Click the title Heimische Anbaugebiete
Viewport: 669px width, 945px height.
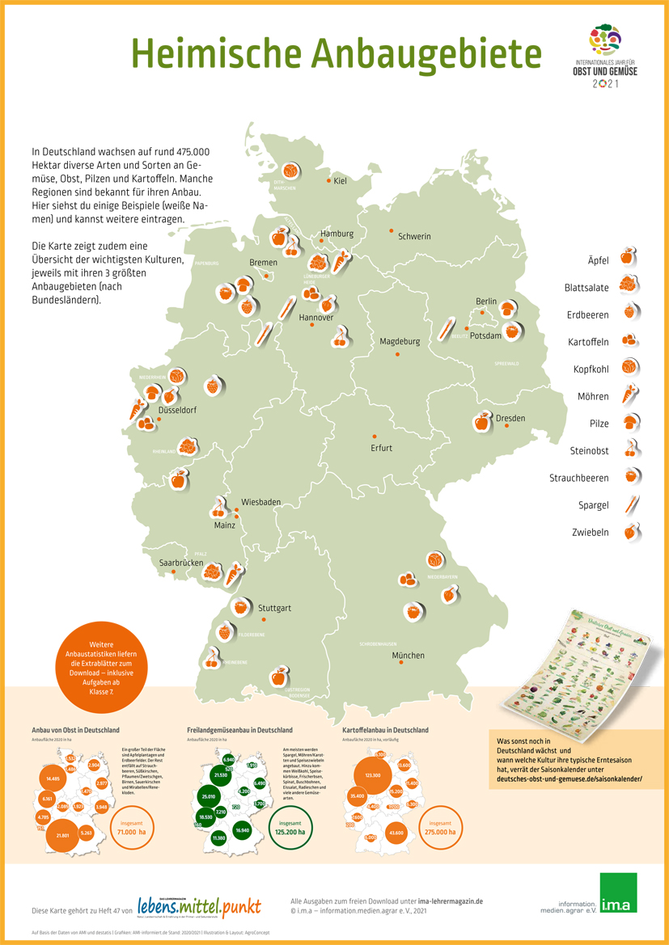[336, 53]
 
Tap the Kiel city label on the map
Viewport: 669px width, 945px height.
[340, 181]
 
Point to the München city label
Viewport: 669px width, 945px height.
[408, 656]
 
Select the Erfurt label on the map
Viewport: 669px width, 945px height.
[381, 448]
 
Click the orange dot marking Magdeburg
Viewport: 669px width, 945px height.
[397, 354]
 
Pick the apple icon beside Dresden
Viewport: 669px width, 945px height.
[482, 422]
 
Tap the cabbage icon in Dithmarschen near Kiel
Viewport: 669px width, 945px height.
[290, 171]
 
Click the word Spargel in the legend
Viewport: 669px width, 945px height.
[594, 505]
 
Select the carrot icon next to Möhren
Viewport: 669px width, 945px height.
[630, 394]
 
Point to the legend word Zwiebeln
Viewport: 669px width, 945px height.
[591, 533]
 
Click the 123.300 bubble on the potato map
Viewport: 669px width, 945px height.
[372, 774]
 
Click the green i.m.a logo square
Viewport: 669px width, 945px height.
[618, 893]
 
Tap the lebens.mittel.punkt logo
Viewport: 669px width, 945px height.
[199, 907]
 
